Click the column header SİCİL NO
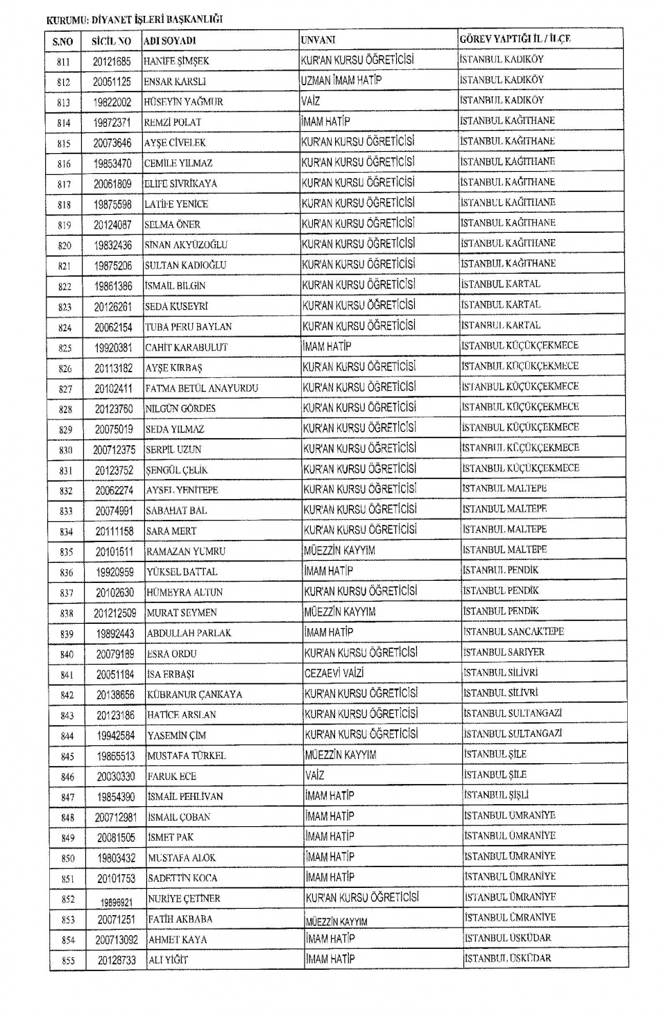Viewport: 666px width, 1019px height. click(x=111, y=41)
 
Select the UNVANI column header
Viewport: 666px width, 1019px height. click(x=318, y=40)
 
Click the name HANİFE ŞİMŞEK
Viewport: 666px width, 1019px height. click(x=176, y=61)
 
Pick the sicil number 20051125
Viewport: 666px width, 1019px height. click(x=112, y=82)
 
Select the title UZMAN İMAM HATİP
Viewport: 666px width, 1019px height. click(x=341, y=80)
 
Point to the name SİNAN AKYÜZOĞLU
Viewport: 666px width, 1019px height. click(x=186, y=245)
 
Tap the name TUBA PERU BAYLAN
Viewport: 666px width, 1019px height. click(x=189, y=326)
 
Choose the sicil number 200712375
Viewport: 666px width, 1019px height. click(x=115, y=450)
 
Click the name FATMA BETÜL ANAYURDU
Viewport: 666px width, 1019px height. click(x=202, y=388)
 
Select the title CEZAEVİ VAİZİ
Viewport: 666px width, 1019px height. click(x=334, y=672)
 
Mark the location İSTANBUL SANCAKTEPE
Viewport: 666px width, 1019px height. click(x=513, y=632)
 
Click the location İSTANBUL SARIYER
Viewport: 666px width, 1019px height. click(x=504, y=652)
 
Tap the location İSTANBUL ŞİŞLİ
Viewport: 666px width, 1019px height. click(x=497, y=795)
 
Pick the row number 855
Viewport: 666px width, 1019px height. click(x=68, y=961)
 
